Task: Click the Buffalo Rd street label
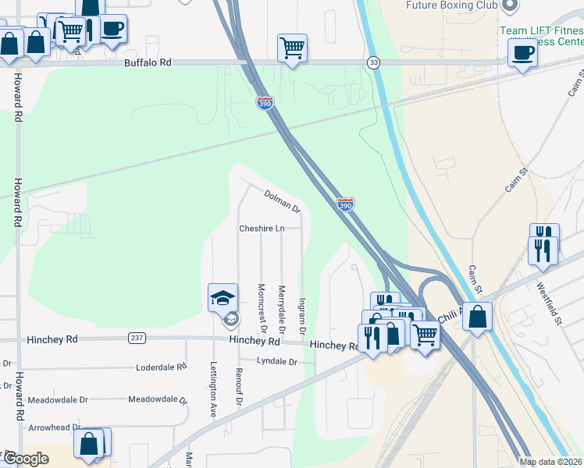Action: [x=147, y=62]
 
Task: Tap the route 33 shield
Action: [x=374, y=62]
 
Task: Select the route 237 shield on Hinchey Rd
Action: [x=137, y=338]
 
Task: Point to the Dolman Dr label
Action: [x=282, y=201]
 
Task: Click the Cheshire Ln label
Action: [x=262, y=229]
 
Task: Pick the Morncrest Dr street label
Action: [x=262, y=305]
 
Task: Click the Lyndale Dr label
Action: [x=277, y=362]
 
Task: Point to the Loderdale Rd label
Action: [x=162, y=367]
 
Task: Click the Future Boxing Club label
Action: [x=451, y=5]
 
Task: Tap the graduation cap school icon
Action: [x=223, y=297]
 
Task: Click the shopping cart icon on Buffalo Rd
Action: [x=292, y=48]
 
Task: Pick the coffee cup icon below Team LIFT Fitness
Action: [x=522, y=53]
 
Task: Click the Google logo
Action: [x=27, y=459]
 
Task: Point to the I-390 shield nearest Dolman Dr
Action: [x=346, y=204]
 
